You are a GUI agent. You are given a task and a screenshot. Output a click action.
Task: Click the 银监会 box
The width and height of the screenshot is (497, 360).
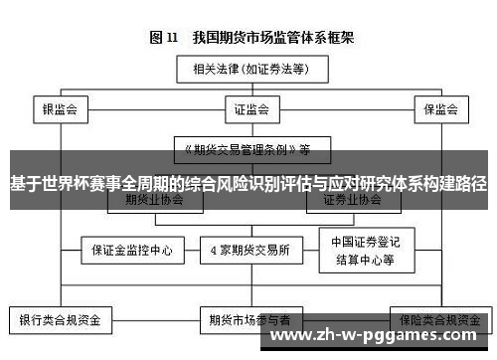point(60,108)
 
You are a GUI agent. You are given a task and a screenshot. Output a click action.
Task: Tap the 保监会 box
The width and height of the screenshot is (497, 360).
point(439,108)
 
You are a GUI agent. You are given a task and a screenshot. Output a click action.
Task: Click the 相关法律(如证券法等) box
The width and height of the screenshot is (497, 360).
point(248,70)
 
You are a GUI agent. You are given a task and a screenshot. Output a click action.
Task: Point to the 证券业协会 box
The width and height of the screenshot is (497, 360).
point(352,199)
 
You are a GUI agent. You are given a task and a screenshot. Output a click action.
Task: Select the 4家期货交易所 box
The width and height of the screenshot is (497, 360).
point(248,248)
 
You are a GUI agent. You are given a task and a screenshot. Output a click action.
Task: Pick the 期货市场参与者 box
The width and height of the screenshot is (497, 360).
point(248,320)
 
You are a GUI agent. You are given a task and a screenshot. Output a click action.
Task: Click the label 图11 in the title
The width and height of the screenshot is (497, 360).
point(163,39)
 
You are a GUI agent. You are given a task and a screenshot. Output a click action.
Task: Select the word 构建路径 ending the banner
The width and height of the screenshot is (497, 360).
point(452,184)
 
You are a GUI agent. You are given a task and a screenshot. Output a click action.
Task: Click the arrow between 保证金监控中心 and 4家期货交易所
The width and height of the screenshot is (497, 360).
point(189,248)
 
